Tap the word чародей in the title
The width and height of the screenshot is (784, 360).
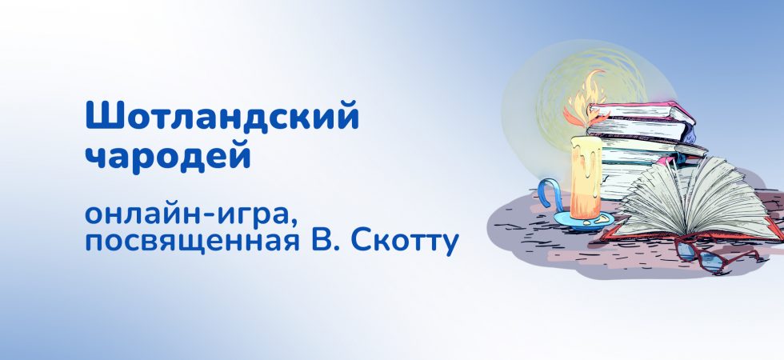(168, 156)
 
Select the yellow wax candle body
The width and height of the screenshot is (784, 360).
(586, 177)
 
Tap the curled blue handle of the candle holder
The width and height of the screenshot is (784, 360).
(549, 194)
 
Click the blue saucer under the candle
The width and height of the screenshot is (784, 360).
(583, 221)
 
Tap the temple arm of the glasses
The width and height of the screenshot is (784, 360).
(741, 255)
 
